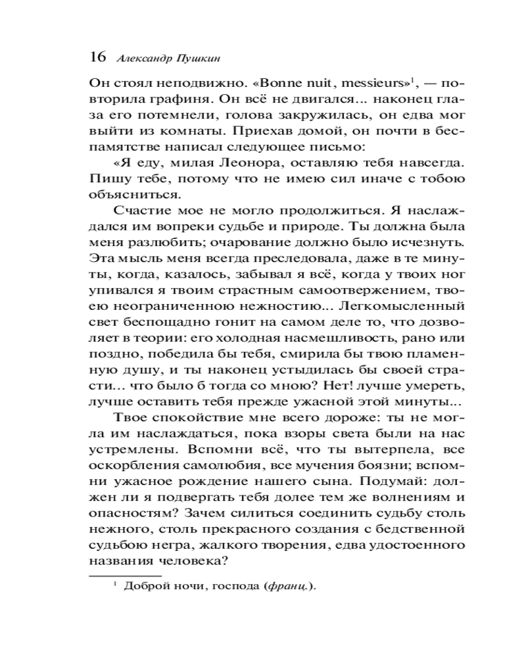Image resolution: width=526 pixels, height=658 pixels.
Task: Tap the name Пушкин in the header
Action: [197, 57]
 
